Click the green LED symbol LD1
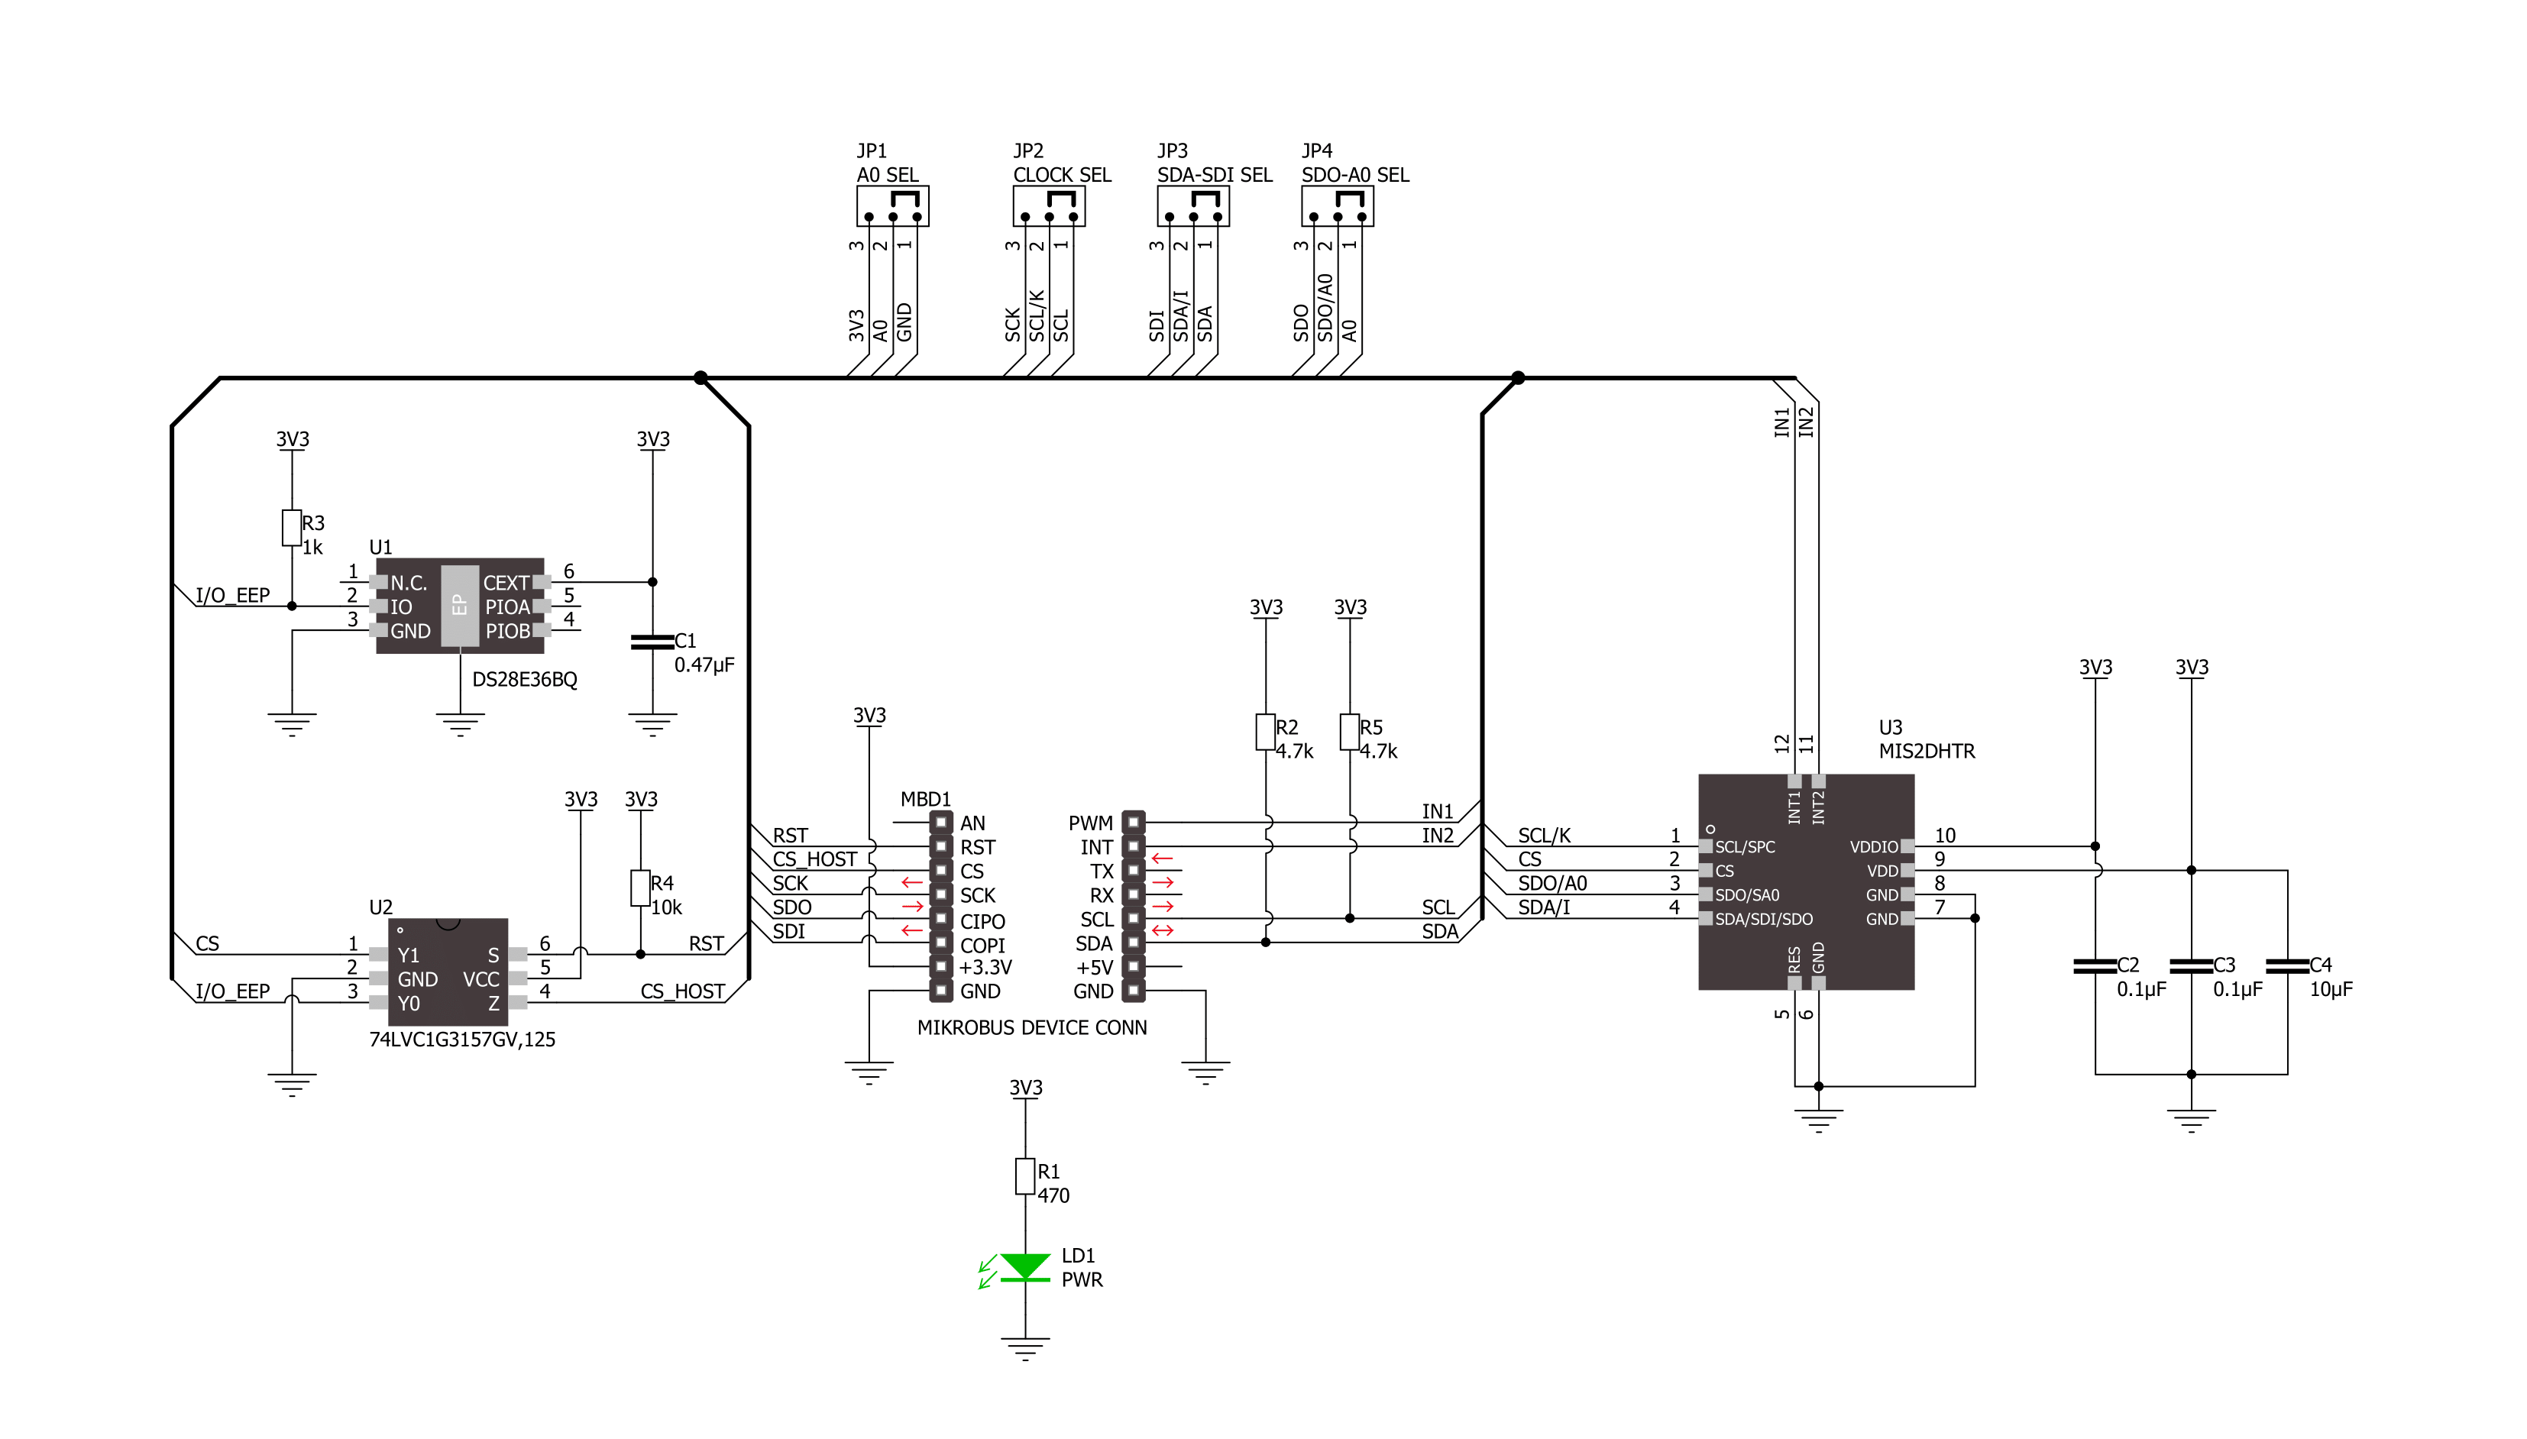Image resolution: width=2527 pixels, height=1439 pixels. point(1025,1267)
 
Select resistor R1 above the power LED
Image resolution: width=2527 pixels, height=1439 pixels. point(1025,1176)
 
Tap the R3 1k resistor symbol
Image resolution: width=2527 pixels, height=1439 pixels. point(292,528)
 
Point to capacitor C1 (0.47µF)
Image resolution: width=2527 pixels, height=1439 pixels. point(652,642)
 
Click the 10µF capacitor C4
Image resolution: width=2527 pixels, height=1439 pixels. point(2287,965)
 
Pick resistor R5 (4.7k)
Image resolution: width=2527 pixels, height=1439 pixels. point(1350,732)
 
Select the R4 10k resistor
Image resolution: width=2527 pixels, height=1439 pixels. point(640,888)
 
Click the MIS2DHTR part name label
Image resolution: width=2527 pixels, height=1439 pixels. point(1926,751)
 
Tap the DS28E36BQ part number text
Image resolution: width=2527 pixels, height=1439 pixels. point(525,680)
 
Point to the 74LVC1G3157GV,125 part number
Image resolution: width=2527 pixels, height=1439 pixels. point(461,1040)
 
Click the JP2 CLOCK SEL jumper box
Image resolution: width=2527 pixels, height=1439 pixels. point(1049,206)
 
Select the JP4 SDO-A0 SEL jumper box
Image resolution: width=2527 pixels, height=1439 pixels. point(1337,206)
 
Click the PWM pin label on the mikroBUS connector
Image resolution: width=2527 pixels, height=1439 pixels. point(1090,823)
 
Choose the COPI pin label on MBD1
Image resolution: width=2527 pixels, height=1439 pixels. point(982,946)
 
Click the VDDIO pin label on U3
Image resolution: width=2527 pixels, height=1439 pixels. point(1874,847)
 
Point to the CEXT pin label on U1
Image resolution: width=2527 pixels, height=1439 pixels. point(506,583)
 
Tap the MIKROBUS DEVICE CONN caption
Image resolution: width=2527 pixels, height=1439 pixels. point(1032,1028)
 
